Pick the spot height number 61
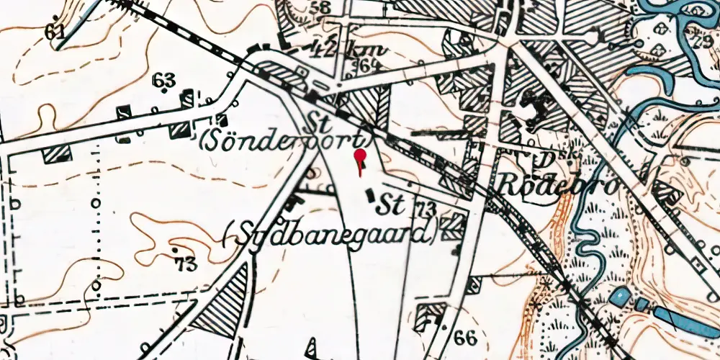coord(53,32)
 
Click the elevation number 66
coord(466,337)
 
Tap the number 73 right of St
coord(426,210)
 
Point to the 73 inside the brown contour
coord(185,264)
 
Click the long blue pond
coord(684,318)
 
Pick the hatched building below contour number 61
coord(58,153)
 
